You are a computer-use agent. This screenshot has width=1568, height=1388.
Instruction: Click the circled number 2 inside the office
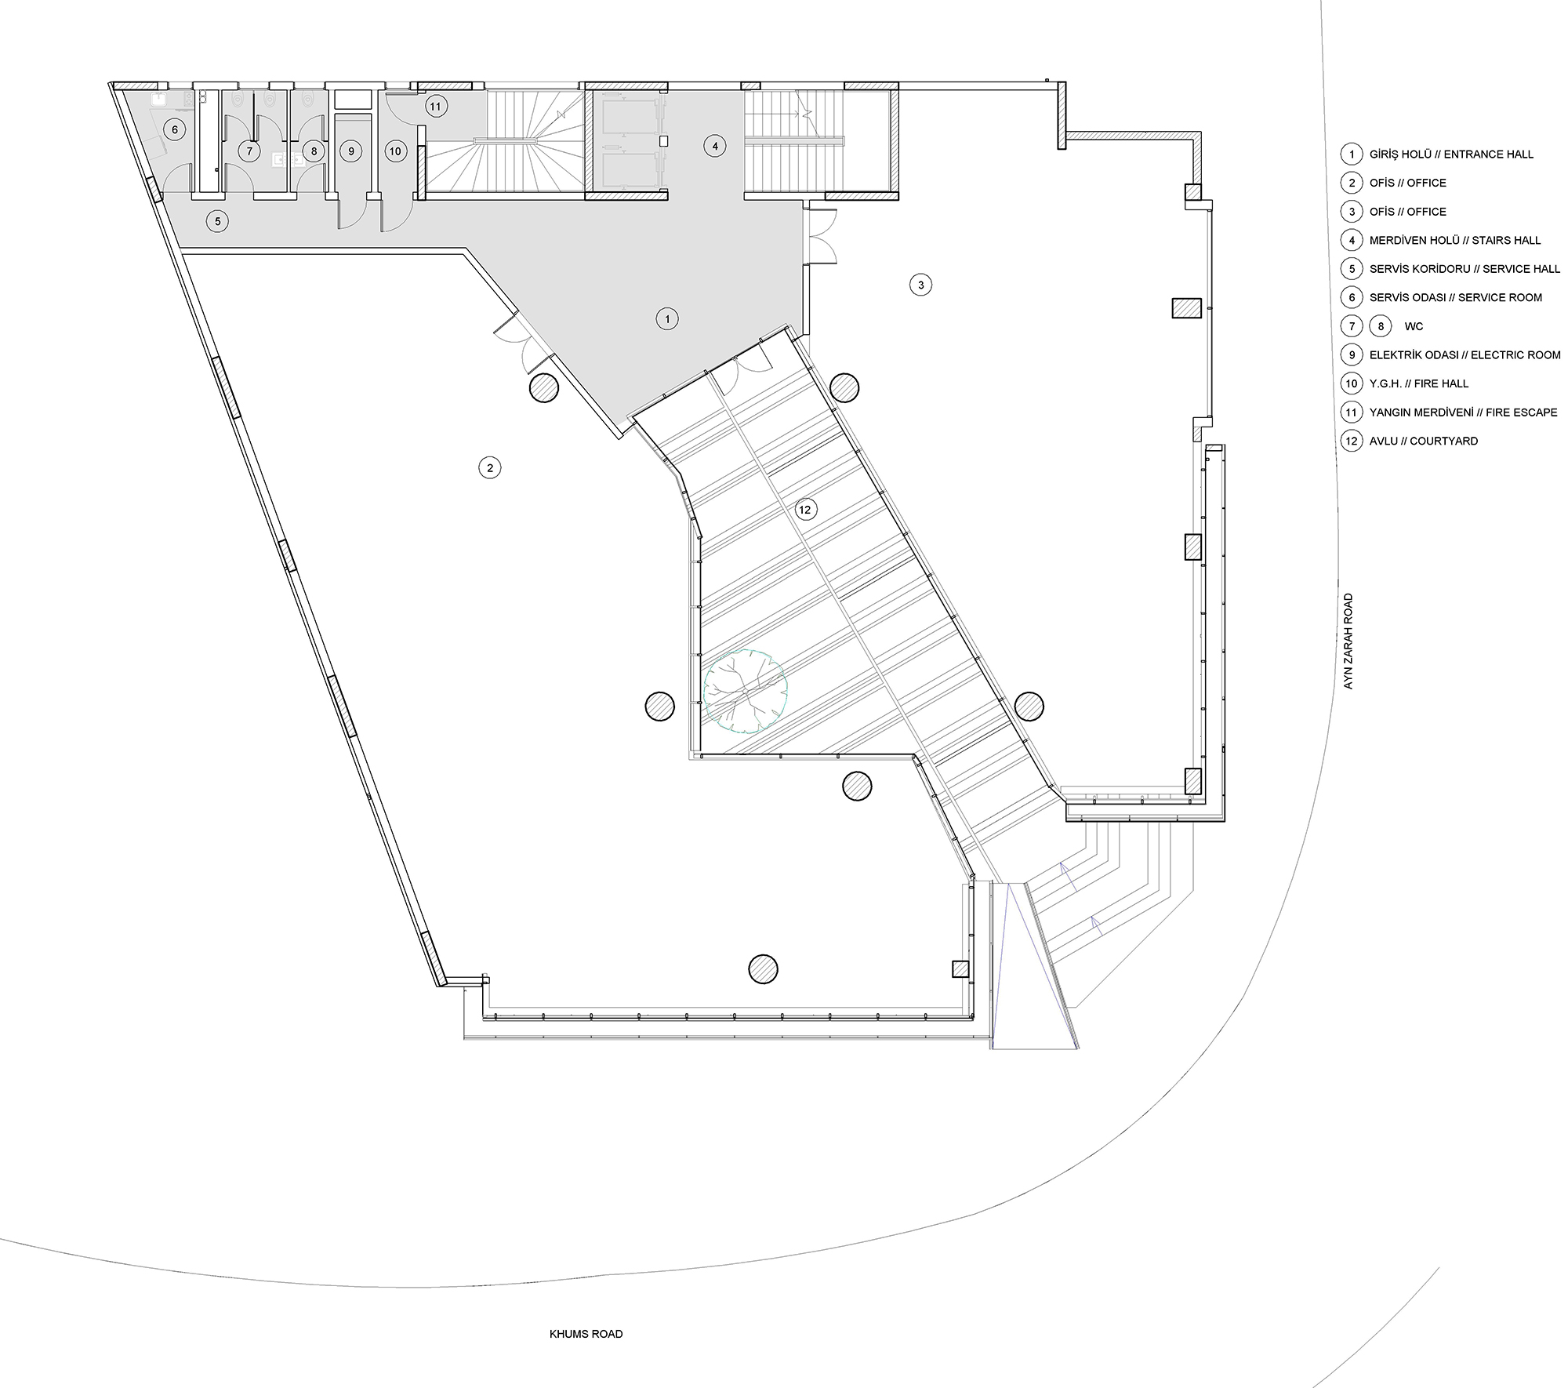[490, 468]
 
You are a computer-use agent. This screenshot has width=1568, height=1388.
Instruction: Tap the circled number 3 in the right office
[921, 285]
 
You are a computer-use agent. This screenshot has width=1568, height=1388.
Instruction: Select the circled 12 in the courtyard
[805, 510]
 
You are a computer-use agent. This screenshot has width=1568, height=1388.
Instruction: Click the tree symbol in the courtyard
[745, 692]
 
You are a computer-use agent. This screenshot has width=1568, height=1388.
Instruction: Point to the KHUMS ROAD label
[586, 1334]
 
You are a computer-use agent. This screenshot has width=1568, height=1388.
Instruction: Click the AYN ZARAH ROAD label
[1348, 641]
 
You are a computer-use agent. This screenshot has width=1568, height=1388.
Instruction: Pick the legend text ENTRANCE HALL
[1489, 154]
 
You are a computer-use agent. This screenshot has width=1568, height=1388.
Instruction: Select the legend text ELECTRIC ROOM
[1515, 355]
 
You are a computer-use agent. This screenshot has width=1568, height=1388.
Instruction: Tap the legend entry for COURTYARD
[1444, 441]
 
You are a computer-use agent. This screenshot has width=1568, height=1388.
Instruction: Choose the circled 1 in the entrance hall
[667, 319]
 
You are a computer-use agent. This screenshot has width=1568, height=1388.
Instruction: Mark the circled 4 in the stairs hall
[715, 146]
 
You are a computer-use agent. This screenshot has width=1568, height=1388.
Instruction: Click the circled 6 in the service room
[175, 129]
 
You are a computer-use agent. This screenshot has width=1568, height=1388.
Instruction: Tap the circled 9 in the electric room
[351, 151]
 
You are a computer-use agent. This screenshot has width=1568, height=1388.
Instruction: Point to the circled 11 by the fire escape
[436, 107]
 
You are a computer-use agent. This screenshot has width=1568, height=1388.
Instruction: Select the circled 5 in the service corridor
[218, 222]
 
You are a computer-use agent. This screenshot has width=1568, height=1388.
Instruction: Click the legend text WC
[1414, 327]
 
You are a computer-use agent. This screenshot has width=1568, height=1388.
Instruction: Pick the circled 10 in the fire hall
[396, 151]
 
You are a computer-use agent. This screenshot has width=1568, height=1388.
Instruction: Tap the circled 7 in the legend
[1352, 326]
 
